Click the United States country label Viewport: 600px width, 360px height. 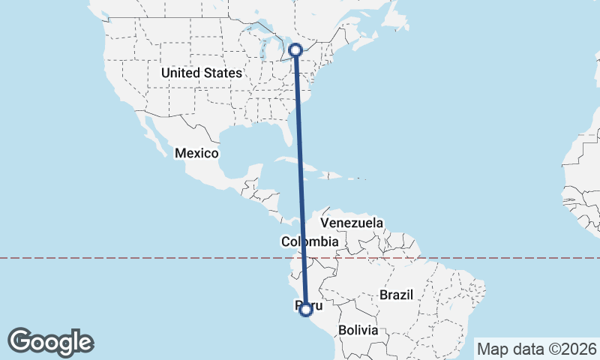202,73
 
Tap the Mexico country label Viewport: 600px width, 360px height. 196,153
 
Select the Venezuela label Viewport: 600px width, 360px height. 352,223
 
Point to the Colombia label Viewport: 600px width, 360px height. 310,241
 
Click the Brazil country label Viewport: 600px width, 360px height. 397,295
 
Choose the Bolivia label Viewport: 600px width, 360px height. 356,329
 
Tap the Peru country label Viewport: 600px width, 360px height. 313,306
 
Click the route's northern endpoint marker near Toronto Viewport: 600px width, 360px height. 295,50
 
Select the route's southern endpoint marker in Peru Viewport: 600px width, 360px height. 305,310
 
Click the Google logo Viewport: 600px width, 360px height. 50,342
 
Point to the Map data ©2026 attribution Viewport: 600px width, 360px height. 536,349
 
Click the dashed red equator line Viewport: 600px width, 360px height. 150,258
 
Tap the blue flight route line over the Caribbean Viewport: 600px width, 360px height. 300,172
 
